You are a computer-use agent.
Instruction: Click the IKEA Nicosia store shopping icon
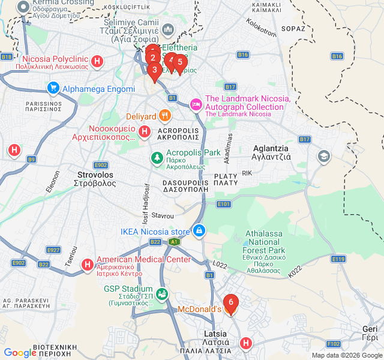(199, 230)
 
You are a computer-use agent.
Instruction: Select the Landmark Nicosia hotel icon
(196, 104)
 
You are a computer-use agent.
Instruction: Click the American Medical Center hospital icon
(88, 264)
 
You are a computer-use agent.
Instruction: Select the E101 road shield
(224, 205)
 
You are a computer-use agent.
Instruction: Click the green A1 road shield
(174, 242)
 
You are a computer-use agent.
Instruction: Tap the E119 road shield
(338, 259)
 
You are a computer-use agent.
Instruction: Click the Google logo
(20, 353)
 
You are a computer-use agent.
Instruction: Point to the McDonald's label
(200, 310)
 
